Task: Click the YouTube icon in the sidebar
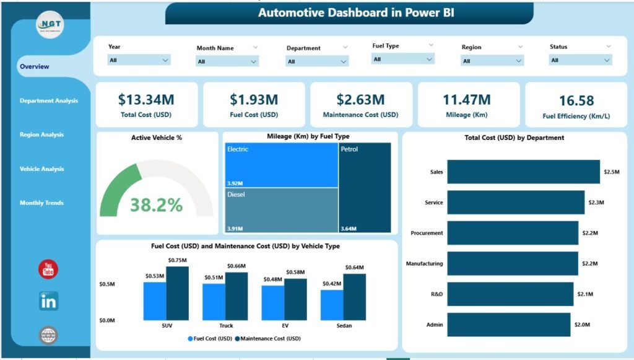48,269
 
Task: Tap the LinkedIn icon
48,302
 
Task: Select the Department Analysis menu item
49,100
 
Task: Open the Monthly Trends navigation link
41,203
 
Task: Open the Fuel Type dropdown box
402,59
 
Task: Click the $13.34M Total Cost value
145,100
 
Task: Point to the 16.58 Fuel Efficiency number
576,100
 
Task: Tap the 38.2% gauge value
157,205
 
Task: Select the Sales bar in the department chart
523,172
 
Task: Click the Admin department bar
508,325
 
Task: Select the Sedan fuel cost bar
332,305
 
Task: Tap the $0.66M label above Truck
236,266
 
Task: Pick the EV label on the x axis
284,325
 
